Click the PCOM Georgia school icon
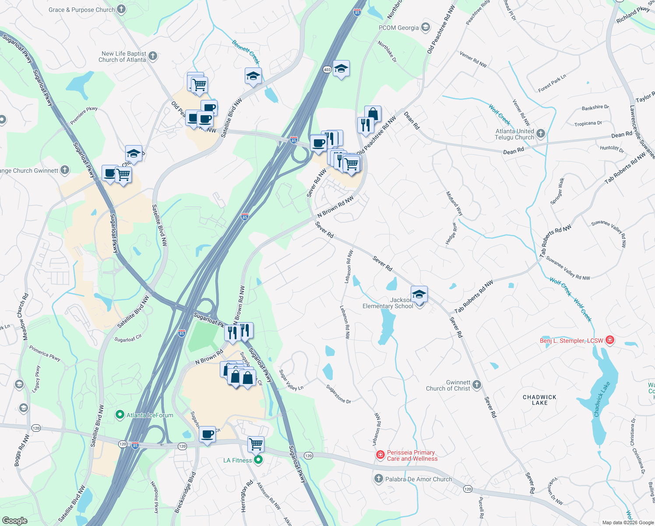click(425, 28)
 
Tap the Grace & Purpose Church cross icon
click(122, 9)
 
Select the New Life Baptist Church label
click(123, 57)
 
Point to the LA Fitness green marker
click(258, 460)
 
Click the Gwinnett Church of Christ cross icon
click(477, 385)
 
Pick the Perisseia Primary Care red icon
click(380, 455)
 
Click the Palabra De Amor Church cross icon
click(379, 479)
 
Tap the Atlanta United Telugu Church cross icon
click(541, 134)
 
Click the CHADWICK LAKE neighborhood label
click(539, 400)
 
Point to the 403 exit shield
click(327, 70)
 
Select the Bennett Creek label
click(246, 52)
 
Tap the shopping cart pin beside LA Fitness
click(256, 444)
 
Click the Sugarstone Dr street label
click(338, 394)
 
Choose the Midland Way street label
click(454, 203)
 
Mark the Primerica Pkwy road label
click(45, 353)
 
